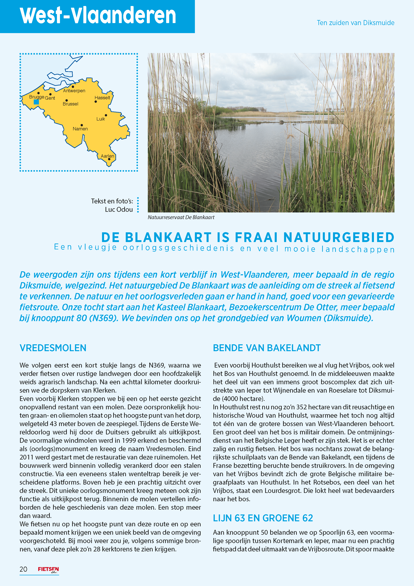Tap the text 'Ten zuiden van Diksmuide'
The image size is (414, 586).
tap(355, 23)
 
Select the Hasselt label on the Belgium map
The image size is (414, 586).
tap(102, 98)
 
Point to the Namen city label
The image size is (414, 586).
tap(80, 129)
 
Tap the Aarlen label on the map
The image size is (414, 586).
tap(107, 156)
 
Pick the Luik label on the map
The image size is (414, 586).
tap(101, 119)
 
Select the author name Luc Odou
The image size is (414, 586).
tap(119, 210)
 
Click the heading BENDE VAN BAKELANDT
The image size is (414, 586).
tap(267, 348)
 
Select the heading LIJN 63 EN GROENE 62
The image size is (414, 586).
tap(263, 518)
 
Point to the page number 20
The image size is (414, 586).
tap(24, 569)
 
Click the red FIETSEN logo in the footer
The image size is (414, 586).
tap(48, 569)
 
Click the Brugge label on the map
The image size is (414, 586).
tap(36, 97)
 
